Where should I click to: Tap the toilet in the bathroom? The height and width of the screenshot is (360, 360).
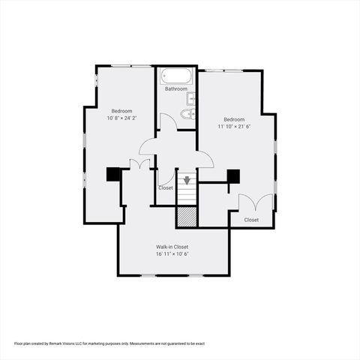190,114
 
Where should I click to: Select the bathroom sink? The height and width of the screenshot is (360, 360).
191,98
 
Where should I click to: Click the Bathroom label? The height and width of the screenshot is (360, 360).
176,89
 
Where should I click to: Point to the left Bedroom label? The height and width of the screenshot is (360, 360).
122,111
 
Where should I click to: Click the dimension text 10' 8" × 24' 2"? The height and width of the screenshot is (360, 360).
122,118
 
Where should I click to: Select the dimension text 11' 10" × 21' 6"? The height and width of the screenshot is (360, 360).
234,127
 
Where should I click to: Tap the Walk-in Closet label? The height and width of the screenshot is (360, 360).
172,247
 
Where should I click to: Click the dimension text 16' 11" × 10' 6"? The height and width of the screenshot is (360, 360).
172,254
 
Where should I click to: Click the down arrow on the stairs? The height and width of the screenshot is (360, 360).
187,180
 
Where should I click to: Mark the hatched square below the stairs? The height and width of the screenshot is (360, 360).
187,216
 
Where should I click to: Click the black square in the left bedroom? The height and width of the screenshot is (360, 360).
113,174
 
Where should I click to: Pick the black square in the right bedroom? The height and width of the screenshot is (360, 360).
233,176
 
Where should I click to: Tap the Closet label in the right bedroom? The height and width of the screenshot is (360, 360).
251,220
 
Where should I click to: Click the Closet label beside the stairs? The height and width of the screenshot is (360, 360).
166,187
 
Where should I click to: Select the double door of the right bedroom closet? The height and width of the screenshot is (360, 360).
255,202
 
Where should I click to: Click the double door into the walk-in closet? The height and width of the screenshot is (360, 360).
139,164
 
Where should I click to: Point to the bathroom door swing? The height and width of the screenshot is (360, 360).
167,121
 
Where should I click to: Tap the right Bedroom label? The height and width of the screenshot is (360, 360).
234,119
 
